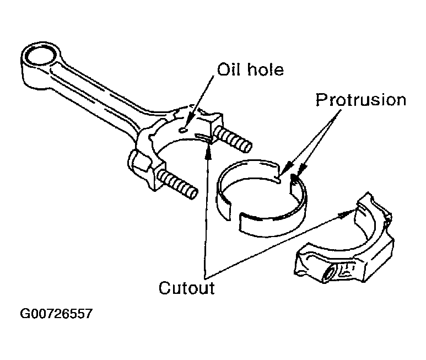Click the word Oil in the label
tap(229, 69)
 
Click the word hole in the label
tap(266, 69)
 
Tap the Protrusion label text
tap(361, 100)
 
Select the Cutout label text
tap(187, 288)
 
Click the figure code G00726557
tap(56, 314)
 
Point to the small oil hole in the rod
tap(183, 131)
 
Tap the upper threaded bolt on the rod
tap(233, 139)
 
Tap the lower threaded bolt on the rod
tap(178, 184)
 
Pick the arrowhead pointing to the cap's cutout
tap(345, 214)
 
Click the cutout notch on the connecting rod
tap(203, 138)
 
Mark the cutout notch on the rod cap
tap(361, 207)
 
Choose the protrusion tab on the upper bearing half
tap(278, 179)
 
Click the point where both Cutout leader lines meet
tap(206, 279)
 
